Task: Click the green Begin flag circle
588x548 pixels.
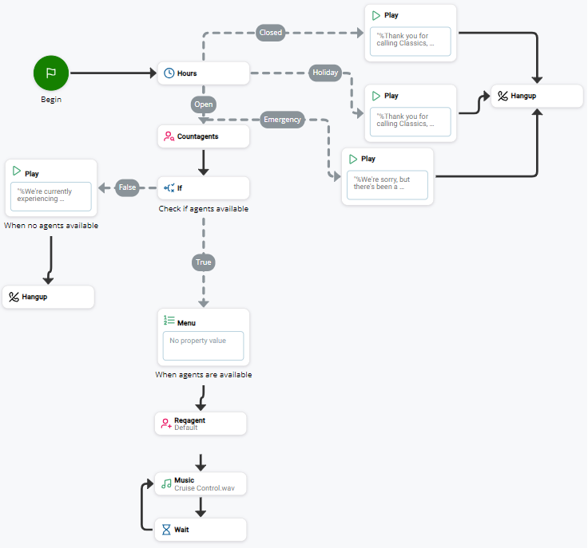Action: point(51,73)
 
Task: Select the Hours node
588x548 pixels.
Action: point(203,73)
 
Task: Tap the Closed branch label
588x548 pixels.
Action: point(270,33)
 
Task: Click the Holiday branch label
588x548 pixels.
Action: point(325,73)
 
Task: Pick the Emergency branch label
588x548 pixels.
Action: point(282,120)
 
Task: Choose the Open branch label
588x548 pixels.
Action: point(203,104)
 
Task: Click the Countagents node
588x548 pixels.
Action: point(203,136)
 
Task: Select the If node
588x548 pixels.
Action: point(203,188)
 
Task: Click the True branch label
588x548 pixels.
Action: point(203,262)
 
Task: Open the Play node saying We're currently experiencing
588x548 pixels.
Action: point(51,188)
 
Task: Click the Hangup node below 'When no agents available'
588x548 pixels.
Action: point(48,297)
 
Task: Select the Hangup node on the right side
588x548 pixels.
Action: point(537,96)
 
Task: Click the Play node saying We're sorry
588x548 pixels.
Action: point(387,176)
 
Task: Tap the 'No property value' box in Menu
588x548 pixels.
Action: point(203,346)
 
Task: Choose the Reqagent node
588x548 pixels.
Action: point(201,424)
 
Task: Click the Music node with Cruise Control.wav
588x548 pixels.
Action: point(201,484)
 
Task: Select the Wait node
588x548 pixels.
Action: point(201,529)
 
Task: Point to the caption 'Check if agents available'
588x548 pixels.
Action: point(203,209)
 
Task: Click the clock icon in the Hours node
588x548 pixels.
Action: point(169,73)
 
